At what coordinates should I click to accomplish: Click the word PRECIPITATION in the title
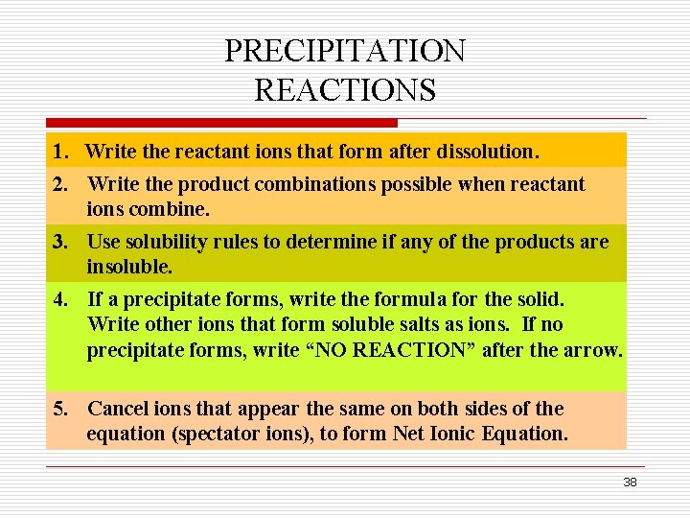345,51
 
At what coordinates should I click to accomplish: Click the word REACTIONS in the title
345,90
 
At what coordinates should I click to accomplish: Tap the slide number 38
630,483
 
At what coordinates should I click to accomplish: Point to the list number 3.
60,242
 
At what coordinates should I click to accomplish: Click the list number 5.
60,409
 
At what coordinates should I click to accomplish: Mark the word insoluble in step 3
129,266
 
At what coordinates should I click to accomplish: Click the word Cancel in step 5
118,409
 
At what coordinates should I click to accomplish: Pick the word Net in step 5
408,434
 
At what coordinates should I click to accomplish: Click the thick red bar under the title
221,123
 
